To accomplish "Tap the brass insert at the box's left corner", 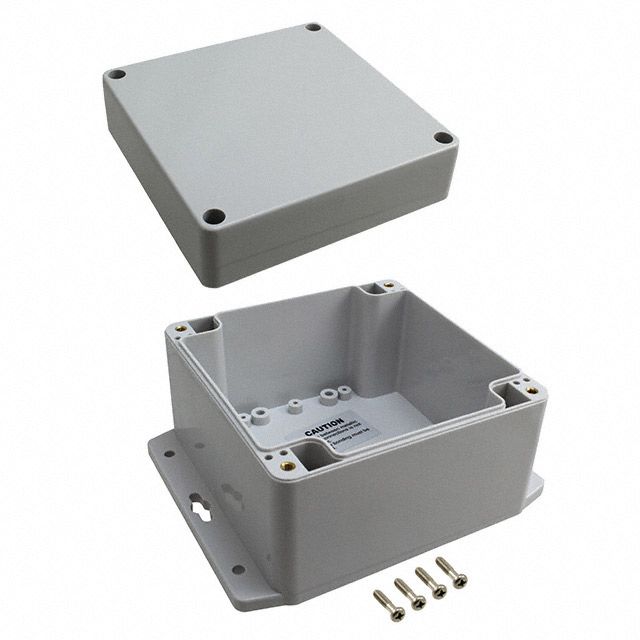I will (184, 328).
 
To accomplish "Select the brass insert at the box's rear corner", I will (388, 287).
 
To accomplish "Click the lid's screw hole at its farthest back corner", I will (315, 28).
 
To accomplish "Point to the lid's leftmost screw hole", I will (117, 74).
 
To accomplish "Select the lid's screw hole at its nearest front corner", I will (212, 214).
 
